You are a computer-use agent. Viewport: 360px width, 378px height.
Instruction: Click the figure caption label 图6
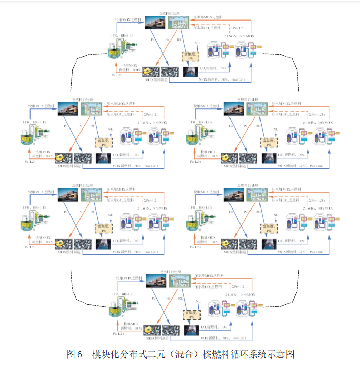pos(74,354)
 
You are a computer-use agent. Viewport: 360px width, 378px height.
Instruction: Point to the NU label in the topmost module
pos(197,42)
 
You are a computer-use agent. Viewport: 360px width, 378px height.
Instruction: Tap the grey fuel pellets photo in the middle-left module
pos(83,157)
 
